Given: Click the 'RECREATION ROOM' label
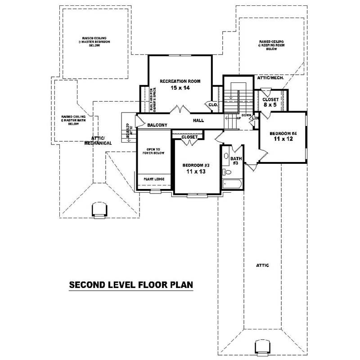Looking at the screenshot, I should pos(180,81).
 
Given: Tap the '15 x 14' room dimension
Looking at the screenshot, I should pos(180,88).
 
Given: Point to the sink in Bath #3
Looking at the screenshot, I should pos(225,156).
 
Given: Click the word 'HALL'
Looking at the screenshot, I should pos(198,121).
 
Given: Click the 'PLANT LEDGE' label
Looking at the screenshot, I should pos(154,179).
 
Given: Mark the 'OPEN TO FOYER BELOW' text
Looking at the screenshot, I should pos(154,151).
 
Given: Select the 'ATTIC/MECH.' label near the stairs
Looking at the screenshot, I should pos(270,78).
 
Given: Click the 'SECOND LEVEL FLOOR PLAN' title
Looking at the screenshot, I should pos(131,285).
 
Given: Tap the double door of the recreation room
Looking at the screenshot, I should pos(181,109).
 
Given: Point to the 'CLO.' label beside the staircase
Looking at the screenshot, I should pos(213,104).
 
